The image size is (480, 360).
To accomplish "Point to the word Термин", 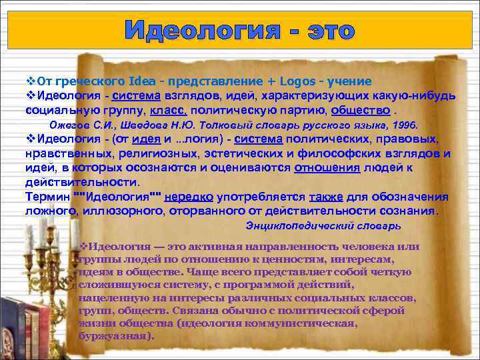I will (x=46, y=197).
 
